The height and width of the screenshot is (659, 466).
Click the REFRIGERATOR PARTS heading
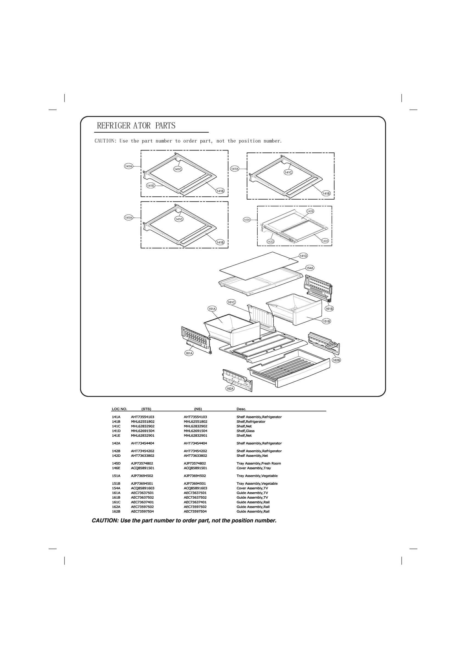[x=136, y=126]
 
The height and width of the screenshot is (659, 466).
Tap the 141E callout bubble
[x=151, y=186]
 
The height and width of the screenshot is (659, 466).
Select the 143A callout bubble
[x=247, y=220]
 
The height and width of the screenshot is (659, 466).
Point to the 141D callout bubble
[x=303, y=256]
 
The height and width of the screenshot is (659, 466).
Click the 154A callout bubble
[x=309, y=268]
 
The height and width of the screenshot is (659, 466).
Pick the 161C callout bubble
[x=231, y=302]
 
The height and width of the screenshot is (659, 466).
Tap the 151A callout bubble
[x=212, y=309]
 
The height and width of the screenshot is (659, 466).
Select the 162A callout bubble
[x=230, y=389]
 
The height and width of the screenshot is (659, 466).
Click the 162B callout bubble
[x=336, y=360]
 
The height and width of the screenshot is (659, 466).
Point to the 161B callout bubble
[x=329, y=309]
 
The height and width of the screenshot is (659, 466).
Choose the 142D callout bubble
[x=270, y=242]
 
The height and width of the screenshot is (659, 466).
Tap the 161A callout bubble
[x=189, y=353]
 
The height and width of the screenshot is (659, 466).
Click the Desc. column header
[x=241, y=409]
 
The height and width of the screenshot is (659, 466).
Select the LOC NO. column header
[x=119, y=409]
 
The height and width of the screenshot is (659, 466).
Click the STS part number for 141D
[x=143, y=431]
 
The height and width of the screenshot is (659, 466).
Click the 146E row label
[x=116, y=468]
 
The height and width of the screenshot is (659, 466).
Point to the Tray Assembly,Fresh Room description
[x=258, y=463]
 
